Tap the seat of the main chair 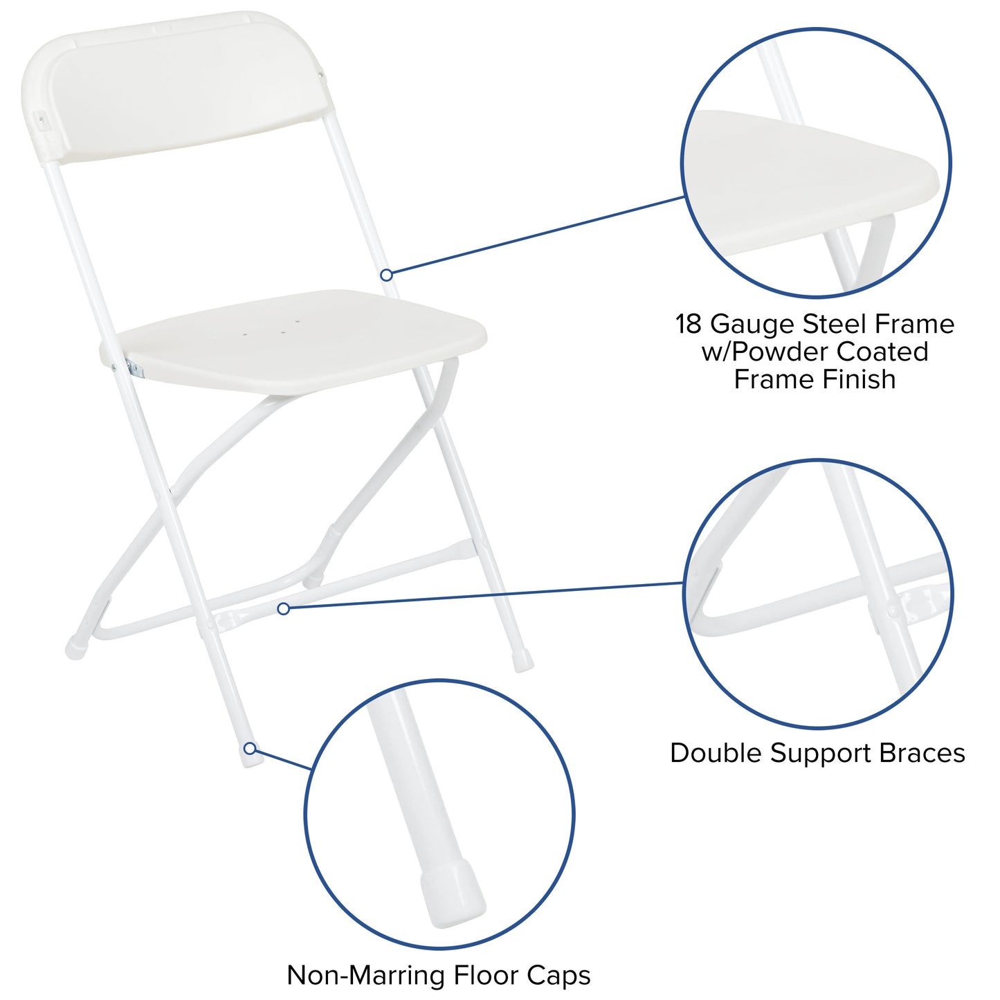(x=298, y=343)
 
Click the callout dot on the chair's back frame (x=387, y=275)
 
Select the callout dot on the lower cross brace (x=283, y=608)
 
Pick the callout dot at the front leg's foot (x=250, y=748)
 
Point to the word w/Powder (x=765, y=352)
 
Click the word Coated (x=882, y=352)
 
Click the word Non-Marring (x=366, y=975)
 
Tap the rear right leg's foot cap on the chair (x=523, y=661)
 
